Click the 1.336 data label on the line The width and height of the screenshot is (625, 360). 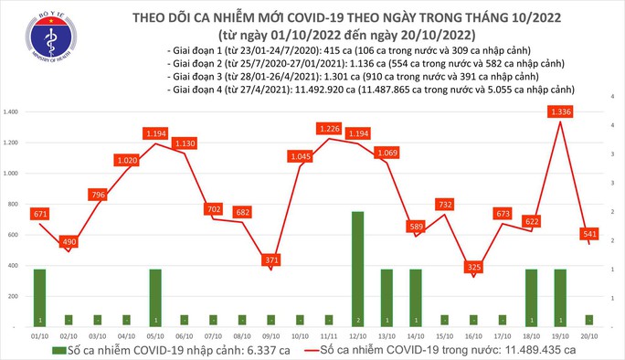560,111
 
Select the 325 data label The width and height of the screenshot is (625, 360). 472,267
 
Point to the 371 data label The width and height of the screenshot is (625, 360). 270,260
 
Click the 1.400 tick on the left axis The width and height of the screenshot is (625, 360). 13,111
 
